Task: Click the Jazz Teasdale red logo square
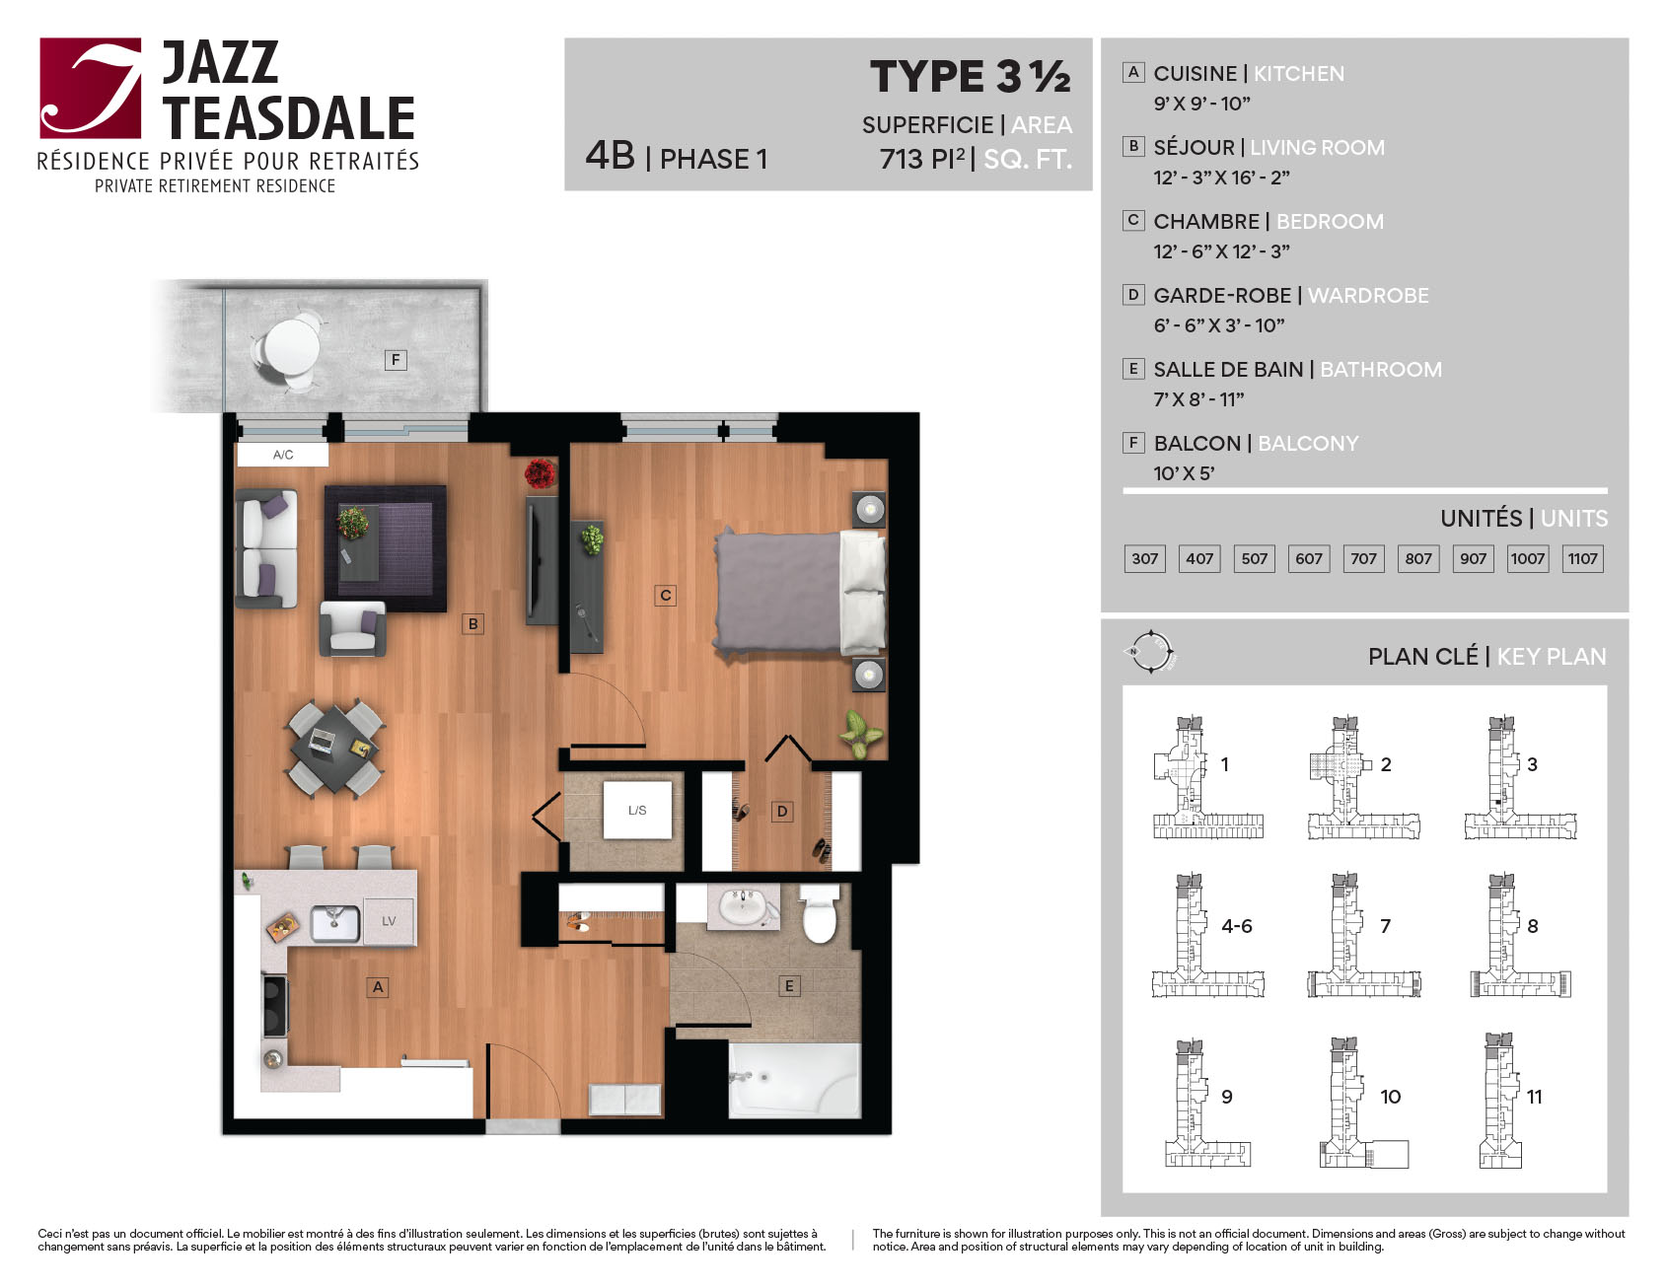pos(90,88)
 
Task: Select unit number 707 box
pos(1363,558)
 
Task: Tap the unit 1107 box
pos(1582,558)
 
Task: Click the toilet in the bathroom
pos(819,914)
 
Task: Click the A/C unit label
pos(283,455)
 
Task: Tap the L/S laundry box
pos(637,810)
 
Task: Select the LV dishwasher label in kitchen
pos(389,921)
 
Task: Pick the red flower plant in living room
pos(540,473)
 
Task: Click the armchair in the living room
pos(352,629)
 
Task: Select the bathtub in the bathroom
pos(794,1080)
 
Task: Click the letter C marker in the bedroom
pos(666,595)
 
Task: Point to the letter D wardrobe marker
pos(782,811)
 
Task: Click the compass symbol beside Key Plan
pos(1150,652)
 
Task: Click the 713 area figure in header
pos(902,159)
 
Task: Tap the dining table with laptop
pos(335,747)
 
